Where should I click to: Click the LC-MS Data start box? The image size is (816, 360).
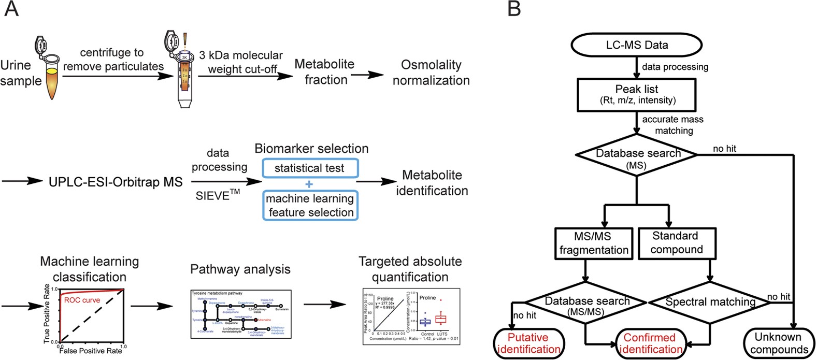click(636, 45)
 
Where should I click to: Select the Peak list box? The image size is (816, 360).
click(637, 94)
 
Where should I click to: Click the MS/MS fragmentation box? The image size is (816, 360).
click(593, 243)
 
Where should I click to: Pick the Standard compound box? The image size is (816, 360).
click(676, 242)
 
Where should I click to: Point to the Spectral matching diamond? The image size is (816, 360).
click(710, 302)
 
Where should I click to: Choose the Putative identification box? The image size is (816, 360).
click(528, 343)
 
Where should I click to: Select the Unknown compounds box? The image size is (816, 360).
click(778, 343)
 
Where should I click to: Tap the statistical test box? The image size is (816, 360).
click(309, 168)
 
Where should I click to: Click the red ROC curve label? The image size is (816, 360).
click(82, 300)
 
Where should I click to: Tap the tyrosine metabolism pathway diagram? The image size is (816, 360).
click(241, 314)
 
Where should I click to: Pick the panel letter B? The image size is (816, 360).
click(514, 9)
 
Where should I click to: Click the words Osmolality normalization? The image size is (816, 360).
click(431, 73)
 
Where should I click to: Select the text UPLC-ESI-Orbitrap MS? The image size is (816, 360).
click(116, 182)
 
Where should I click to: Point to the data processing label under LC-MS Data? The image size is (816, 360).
click(675, 67)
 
